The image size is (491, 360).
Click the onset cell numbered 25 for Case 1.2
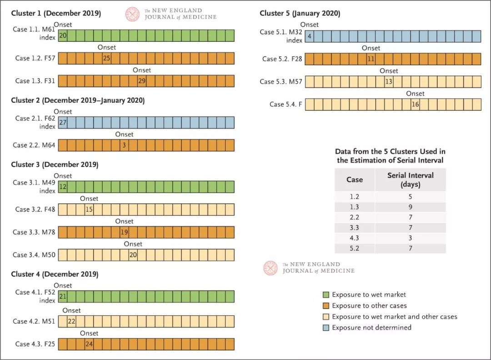pyautogui.click(x=107, y=58)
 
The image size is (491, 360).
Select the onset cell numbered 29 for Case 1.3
pyautogui.click(x=142, y=81)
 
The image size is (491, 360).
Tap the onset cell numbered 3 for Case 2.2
pyautogui.click(x=124, y=145)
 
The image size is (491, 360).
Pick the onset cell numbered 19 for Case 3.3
pyautogui.click(x=124, y=232)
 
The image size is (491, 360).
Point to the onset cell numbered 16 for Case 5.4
pyautogui.click(x=415, y=105)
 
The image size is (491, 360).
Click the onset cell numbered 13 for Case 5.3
pyautogui.click(x=389, y=82)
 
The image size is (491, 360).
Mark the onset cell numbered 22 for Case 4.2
pyautogui.click(x=71, y=321)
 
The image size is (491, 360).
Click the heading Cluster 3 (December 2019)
pyautogui.click(x=55, y=165)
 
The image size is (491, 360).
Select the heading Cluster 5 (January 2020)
pyautogui.click(x=300, y=13)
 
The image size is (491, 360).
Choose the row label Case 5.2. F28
pyautogui.click(x=282, y=59)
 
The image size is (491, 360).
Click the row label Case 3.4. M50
pyautogui.click(x=35, y=255)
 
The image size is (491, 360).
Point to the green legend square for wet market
pyautogui.click(x=326, y=295)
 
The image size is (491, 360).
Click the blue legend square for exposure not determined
pyautogui.click(x=326, y=327)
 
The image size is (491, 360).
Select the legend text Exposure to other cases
pyautogui.click(x=369, y=305)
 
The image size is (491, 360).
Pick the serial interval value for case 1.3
pyautogui.click(x=410, y=207)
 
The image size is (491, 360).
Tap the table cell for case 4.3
pyautogui.click(x=354, y=238)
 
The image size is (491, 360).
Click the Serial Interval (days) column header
pyautogui.click(x=410, y=180)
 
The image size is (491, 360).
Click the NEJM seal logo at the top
pyautogui.click(x=133, y=14)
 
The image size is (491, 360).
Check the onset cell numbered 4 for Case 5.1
pyautogui.click(x=309, y=36)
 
